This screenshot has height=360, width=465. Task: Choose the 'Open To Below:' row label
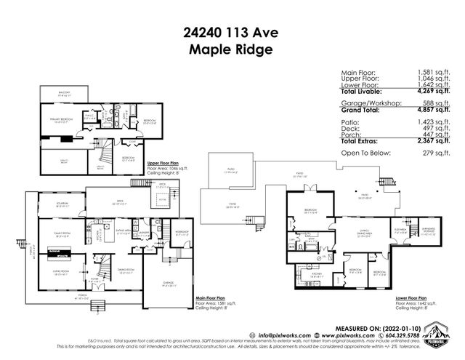click(368, 153)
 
